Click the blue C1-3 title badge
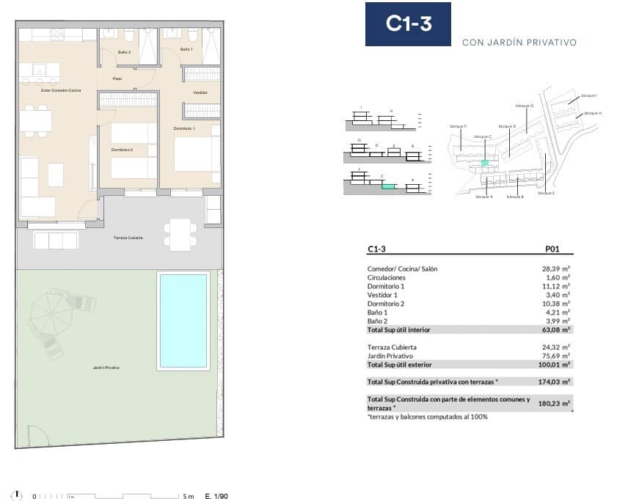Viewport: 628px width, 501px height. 408,24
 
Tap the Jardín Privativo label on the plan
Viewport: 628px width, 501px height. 107,367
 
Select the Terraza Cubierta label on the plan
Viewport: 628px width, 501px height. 128,238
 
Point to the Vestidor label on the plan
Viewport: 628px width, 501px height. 200,92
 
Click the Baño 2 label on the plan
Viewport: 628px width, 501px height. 124,51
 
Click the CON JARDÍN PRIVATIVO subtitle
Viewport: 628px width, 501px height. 519,43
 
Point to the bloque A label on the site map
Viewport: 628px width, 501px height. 483,197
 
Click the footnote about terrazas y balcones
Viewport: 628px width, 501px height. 428,417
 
